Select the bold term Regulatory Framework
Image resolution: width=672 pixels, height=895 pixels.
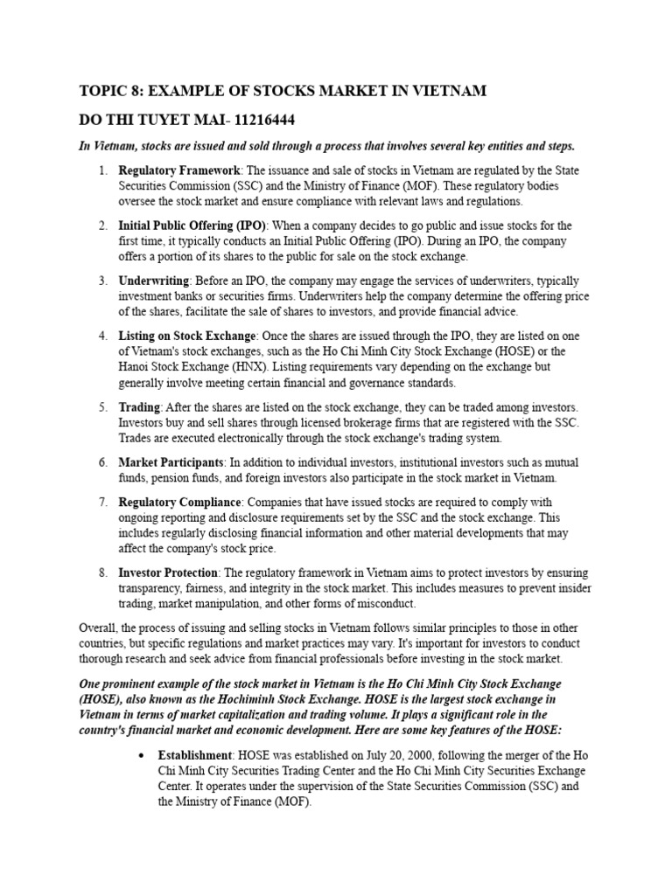(178, 170)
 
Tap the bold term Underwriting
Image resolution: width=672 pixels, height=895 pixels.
(153, 281)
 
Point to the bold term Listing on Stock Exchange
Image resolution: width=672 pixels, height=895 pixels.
(187, 336)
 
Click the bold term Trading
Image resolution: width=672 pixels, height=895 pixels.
(139, 407)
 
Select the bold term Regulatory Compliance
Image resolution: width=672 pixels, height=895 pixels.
(179, 502)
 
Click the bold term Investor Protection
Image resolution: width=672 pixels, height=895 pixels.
(168, 572)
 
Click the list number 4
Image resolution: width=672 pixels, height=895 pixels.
(102, 336)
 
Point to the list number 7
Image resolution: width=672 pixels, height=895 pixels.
(102, 502)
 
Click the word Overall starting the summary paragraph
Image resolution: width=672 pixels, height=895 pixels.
(99, 628)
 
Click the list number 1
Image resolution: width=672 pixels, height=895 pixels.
(102, 170)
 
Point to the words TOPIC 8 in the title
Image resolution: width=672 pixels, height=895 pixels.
(108, 91)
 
